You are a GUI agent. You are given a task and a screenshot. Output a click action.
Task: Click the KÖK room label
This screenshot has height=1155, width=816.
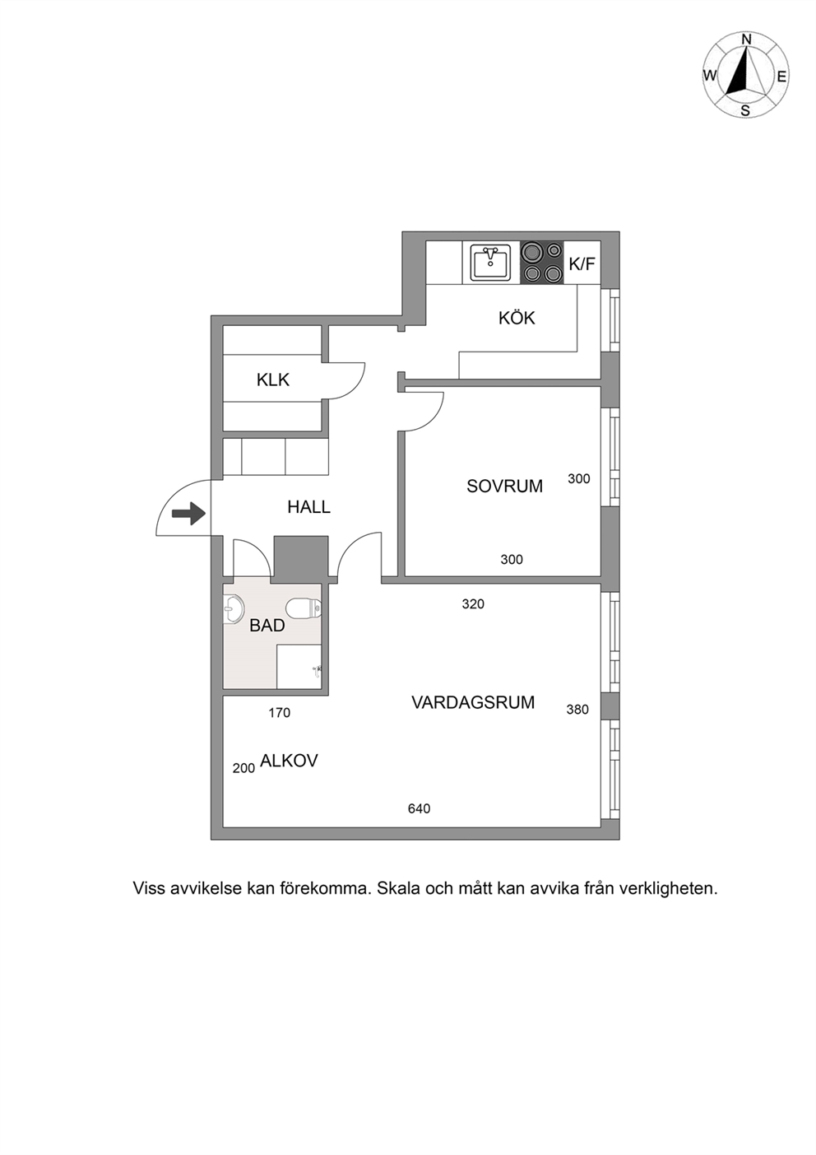pyautogui.click(x=517, y=318)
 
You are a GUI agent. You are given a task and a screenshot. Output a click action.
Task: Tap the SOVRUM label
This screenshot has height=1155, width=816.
pyautogui.click(x=504, y=487)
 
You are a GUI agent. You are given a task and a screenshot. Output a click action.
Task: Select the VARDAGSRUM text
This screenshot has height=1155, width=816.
pyautogui.click(x=473, y=702)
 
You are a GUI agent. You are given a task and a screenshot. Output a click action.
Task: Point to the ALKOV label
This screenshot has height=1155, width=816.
pyautogui.click(x=289, y=761)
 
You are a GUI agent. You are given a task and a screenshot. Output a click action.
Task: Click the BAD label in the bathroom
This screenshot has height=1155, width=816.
pyautogui.click(x=267, y=626)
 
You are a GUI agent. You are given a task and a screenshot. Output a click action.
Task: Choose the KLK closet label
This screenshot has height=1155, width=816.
pyautogui.click(x=273, y=380)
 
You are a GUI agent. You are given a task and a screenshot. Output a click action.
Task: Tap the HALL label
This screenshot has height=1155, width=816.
pyautogui.click(x=308, y=507)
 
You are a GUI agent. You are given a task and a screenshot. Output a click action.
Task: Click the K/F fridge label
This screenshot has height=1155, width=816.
pyautogui.click(x=582, y=264)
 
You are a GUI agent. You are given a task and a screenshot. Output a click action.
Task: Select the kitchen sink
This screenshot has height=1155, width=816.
pyautogui.click(x=490, y=263)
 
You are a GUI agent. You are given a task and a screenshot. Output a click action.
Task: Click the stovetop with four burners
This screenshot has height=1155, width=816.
pyautogui.click(x=542, y=263)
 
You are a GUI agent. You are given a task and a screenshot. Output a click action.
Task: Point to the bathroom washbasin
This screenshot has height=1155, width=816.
pyautogui.click(x=234, y=610)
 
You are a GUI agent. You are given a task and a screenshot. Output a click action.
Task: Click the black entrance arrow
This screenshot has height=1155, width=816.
pyautogui.click(x=188, y=513)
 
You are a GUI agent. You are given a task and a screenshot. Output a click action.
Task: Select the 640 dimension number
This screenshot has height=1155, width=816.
pyautogui.click(x=419, y=808)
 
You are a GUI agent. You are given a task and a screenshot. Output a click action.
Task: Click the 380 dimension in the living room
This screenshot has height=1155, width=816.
pyautogui.click(x=577, y=710)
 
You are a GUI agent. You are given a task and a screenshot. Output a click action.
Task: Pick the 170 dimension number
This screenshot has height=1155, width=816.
pyautogui.click(x=279, y=713)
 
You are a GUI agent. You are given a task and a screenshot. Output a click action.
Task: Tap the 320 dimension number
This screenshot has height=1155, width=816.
pyautogui.click(x=473, y=603)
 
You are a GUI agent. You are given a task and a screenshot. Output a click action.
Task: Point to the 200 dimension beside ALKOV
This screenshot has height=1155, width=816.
pyautogui.click(x=243, y=768)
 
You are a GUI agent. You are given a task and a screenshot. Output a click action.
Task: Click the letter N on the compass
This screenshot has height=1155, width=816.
pyautogui.click(x=746, y=40)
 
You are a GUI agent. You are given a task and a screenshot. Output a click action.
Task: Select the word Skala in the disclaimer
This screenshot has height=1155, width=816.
pyautogui.click(x=397, y=888)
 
